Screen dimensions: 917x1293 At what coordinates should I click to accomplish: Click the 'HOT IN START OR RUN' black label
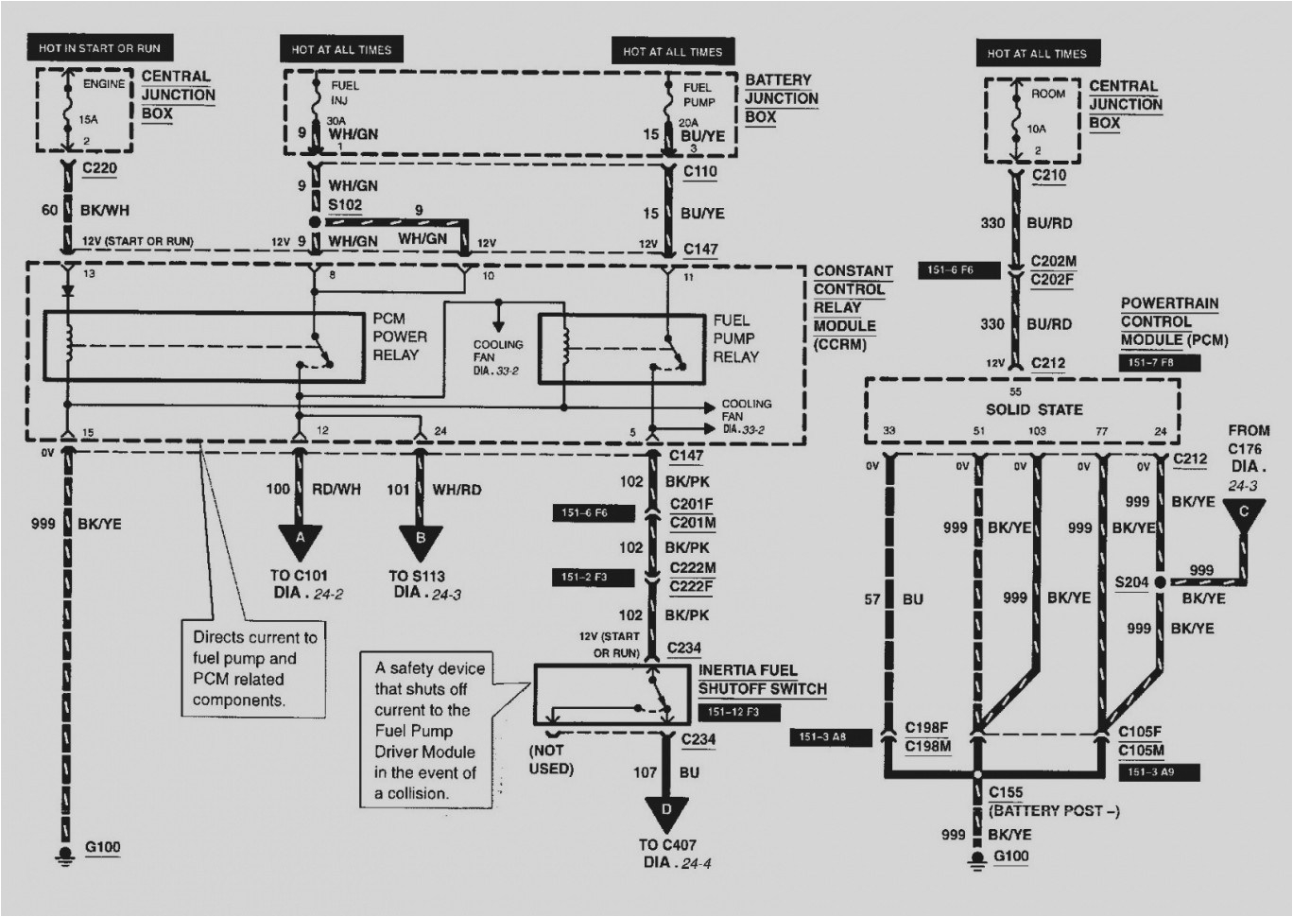99,48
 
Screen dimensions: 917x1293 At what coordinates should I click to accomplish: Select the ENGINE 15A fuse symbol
68,109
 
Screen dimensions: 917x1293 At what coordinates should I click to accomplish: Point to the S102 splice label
345,205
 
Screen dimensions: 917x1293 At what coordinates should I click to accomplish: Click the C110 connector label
700,171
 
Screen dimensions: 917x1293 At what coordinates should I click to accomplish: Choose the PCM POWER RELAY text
399,337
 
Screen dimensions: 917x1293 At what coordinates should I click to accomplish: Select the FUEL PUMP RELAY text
735,338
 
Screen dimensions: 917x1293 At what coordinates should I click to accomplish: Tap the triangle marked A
301,541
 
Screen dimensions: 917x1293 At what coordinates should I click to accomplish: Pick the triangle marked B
421,541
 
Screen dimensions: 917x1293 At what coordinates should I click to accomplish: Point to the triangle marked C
1244,514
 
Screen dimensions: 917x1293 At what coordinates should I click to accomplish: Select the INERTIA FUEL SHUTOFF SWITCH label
762,680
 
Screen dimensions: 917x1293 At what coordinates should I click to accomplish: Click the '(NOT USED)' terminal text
551,759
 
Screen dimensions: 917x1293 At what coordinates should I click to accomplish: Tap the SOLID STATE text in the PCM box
1034,409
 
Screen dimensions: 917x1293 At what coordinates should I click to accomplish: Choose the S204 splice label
1131,582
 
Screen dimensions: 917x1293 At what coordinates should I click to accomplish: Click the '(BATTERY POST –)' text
1054,811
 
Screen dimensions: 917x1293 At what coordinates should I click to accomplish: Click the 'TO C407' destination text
666,845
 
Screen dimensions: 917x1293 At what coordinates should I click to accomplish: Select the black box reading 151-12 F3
733,712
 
